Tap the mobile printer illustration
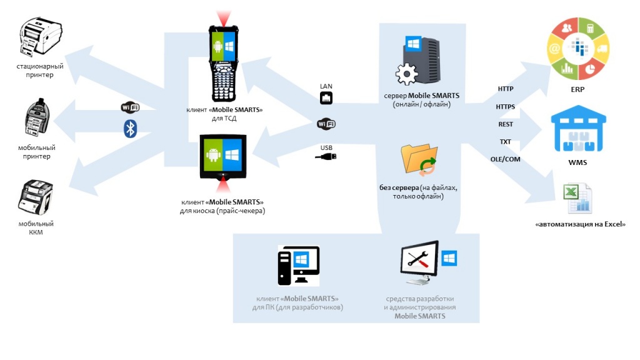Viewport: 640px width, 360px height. point(37,119)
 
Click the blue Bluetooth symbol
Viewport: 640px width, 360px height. point(130,129)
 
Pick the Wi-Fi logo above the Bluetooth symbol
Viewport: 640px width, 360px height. point(130,107)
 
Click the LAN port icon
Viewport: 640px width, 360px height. point(326,98)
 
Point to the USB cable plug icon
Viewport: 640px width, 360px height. point(326,157)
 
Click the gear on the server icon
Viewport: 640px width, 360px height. point(407,72)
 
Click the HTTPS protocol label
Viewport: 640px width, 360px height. point(505,107)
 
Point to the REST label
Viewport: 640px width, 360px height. point(505,124)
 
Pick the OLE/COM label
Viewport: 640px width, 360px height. point(505,159)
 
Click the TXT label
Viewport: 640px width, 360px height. point(505,142)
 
